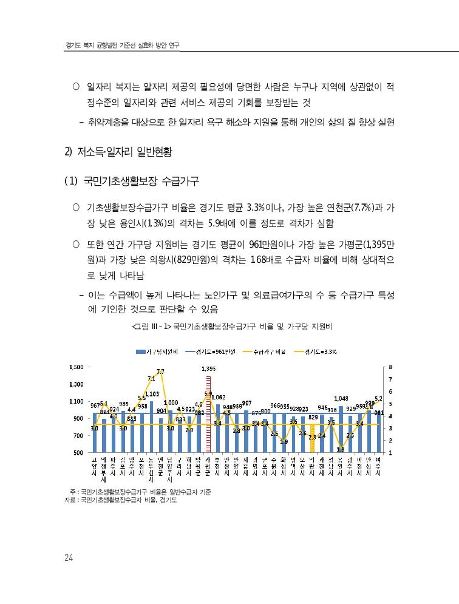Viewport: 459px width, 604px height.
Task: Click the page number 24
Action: point(69,558)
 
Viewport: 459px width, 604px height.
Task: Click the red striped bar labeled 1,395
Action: point(208,413)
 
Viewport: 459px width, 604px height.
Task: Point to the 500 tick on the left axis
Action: point(79,453)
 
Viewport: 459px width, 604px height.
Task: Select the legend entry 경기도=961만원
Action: point(212,351)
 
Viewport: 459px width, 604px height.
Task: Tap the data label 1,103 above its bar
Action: point(152,394)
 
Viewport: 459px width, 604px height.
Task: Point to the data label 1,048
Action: point(341,399)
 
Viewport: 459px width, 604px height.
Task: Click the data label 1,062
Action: point(219,397)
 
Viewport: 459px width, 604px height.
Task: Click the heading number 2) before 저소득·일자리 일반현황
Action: point(69,152)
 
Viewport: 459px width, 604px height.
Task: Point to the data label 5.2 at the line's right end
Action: point(378,399)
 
